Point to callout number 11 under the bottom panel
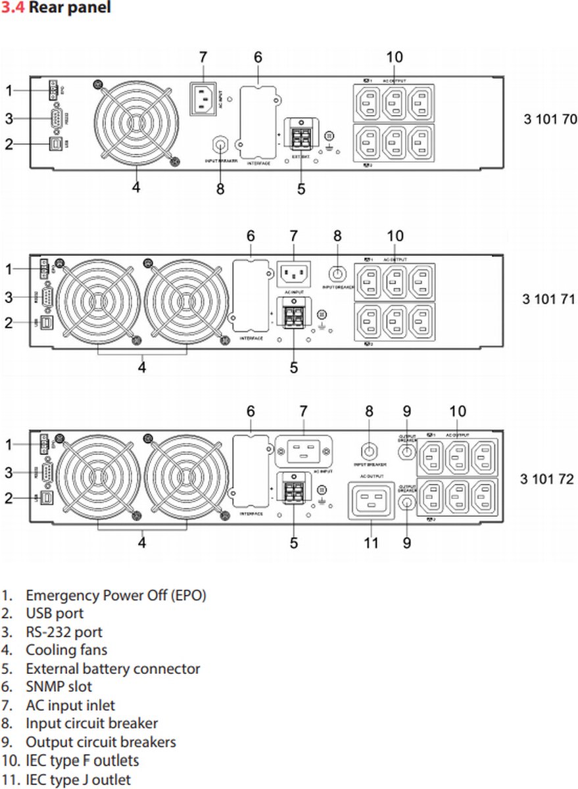coord(372,543)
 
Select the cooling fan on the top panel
coord(136,123)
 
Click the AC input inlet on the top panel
coord(205,98)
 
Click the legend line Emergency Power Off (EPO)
coord(115,596)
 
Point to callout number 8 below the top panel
coord(220,189)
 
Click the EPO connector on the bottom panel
coord(44,445)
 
